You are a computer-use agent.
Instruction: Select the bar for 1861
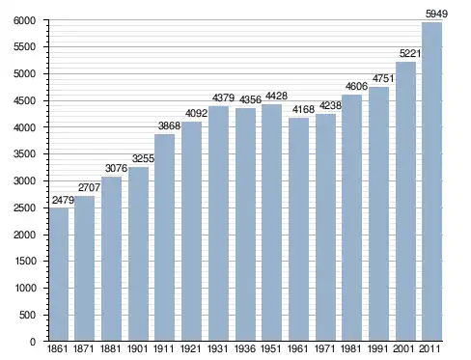tap(59, 274)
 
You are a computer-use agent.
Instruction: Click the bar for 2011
tap(431, 181)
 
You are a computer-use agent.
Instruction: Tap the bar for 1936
tap(245, 224)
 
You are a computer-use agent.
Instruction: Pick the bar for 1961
tap(298, 230)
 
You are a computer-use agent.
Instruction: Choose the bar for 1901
tap(138, 254)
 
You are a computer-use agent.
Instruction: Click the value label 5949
tap(436, 14)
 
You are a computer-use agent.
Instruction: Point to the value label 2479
tap(63, 200)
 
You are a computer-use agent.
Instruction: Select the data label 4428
tap(276, 96)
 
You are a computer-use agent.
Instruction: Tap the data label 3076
tap(116, 168)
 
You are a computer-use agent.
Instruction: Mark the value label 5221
tap(410, 53)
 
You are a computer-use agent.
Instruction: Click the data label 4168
tap(303, 109)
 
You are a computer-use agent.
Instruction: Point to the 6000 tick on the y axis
tap(24, 20)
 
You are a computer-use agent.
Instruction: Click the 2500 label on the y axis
tap(24, 208)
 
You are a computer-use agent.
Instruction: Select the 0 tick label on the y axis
tap(33, 342)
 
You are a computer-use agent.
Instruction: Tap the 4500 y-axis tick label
tap(24, 101)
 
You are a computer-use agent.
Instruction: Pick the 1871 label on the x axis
tap(83, 348)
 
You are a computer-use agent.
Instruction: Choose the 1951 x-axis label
tap(270, 348)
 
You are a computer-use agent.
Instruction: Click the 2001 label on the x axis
tap(403, 348)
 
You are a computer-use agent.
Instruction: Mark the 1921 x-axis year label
tap(190, 348)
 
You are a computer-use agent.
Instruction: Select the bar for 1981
tap(351, 218)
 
